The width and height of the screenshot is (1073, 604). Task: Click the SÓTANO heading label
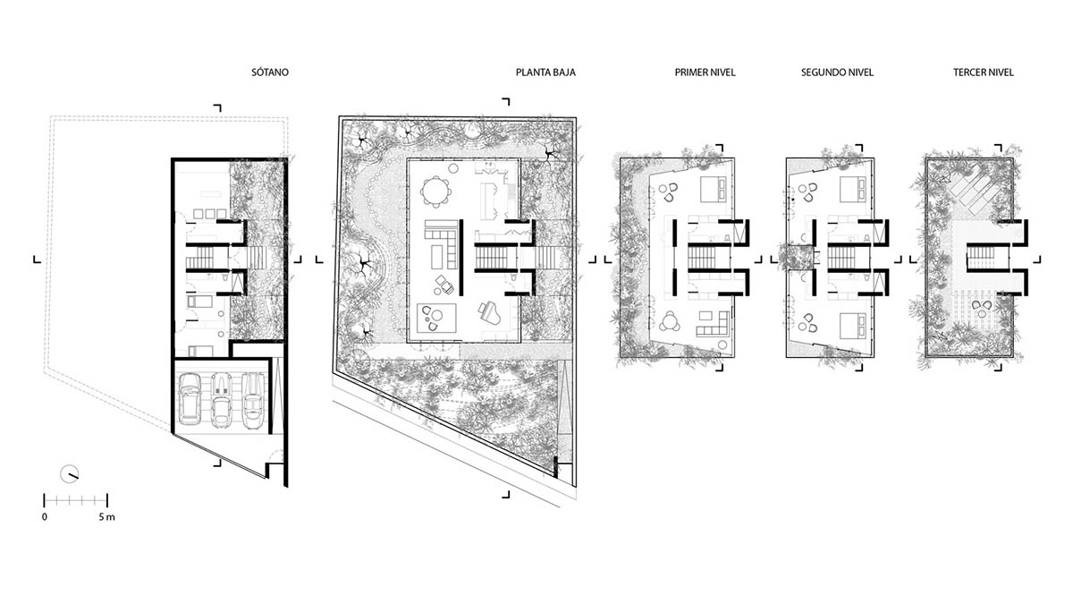coord(270,72)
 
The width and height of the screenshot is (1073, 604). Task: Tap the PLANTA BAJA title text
coord(545,72)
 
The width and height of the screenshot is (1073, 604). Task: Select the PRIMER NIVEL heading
coord(705,72)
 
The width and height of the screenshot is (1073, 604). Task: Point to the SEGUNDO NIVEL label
coord(837,72)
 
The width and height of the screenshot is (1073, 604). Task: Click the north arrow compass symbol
coord(70,473)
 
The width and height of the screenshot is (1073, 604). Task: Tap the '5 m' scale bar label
coord(106,517)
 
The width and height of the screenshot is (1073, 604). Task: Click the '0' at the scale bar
coord(45,517)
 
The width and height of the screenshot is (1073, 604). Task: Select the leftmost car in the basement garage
coord(190,399)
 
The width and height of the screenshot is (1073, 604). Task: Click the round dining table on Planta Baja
coord(435,190)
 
